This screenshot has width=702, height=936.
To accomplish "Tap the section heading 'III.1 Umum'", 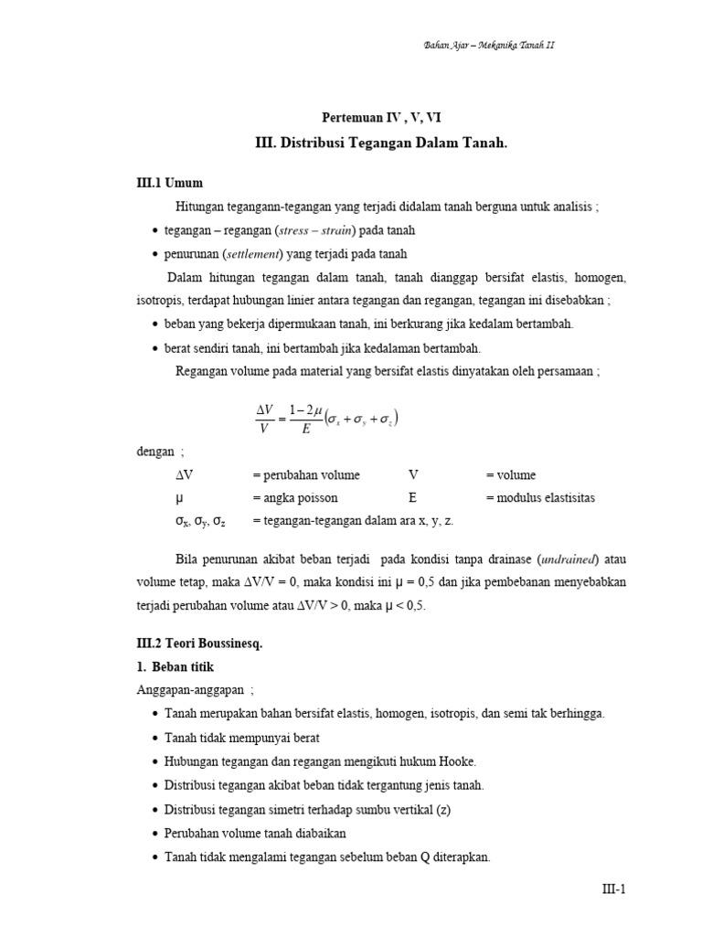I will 171,183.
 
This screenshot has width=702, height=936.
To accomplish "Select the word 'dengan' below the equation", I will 156,451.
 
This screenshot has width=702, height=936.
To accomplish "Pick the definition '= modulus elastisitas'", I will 540,498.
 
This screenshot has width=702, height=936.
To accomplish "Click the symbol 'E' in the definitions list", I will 413,498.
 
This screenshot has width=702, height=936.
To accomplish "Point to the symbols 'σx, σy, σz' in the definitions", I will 201,521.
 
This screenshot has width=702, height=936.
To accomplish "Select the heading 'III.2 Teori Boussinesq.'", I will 199,643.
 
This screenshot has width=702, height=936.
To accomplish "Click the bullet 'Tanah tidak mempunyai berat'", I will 242,737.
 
